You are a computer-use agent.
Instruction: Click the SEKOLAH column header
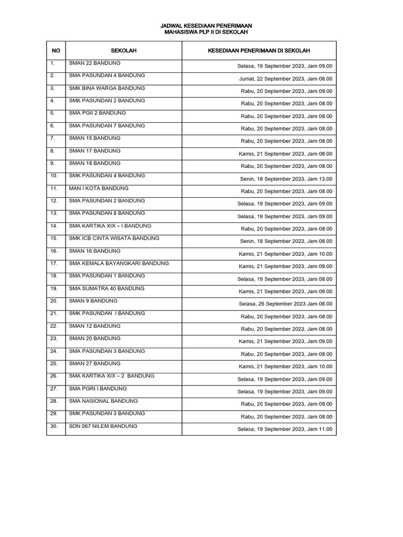pyautogui.click(x=124, y=50)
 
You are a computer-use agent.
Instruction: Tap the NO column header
pyautogui.click(x=56, y=50)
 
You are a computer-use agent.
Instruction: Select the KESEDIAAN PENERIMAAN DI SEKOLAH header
pyautogui.click(x=259, y=50)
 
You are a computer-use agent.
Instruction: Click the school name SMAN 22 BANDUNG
pyautogui.click(x=94, y=63)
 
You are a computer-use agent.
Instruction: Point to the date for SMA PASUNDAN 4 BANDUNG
pyautogui.click(x=285, y=79)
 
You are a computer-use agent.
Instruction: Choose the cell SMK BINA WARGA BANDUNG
pyautogui.click(x=107, y=88)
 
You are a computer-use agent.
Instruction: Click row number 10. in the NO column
pyautogui.click(x=54, y=176)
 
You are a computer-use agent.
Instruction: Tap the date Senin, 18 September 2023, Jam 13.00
pyautogui.click(x=286, y=179)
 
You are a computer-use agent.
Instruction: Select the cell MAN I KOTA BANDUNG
pyautogui.click(x=99, y=188)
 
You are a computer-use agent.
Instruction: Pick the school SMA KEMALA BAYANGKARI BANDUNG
pyautogui.click(x=119, y=263)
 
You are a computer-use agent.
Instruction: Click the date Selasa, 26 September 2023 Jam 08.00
pyautogui.click(x=285, y=304)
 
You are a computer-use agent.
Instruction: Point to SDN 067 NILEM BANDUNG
pyautogui.click(x=103, y=426)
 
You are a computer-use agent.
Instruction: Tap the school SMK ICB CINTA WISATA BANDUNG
pyautogui.click(x=114, y=238)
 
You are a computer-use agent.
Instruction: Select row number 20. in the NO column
pyautogui.click(x=54, y=301)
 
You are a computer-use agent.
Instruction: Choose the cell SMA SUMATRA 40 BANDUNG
pyautogui.click(x=107, y=288)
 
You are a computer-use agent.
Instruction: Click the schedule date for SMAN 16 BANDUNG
pyautogui.click(x=285, y=254)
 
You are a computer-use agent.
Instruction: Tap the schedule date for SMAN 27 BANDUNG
pyautogui.click(x=285, y=367)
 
